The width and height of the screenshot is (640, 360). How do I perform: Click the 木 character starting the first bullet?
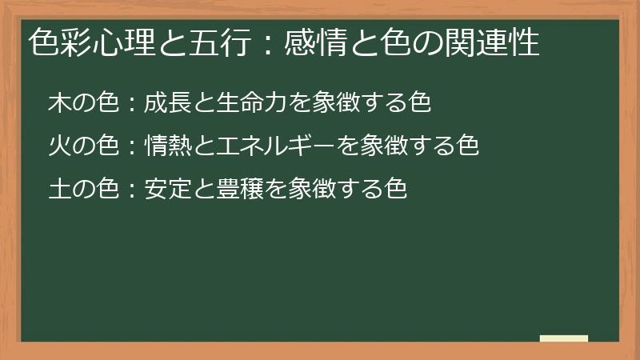[60, 104]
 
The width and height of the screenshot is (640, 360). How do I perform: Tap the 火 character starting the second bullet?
[60, 147]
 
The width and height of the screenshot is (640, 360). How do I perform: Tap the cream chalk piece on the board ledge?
[564, 338]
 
